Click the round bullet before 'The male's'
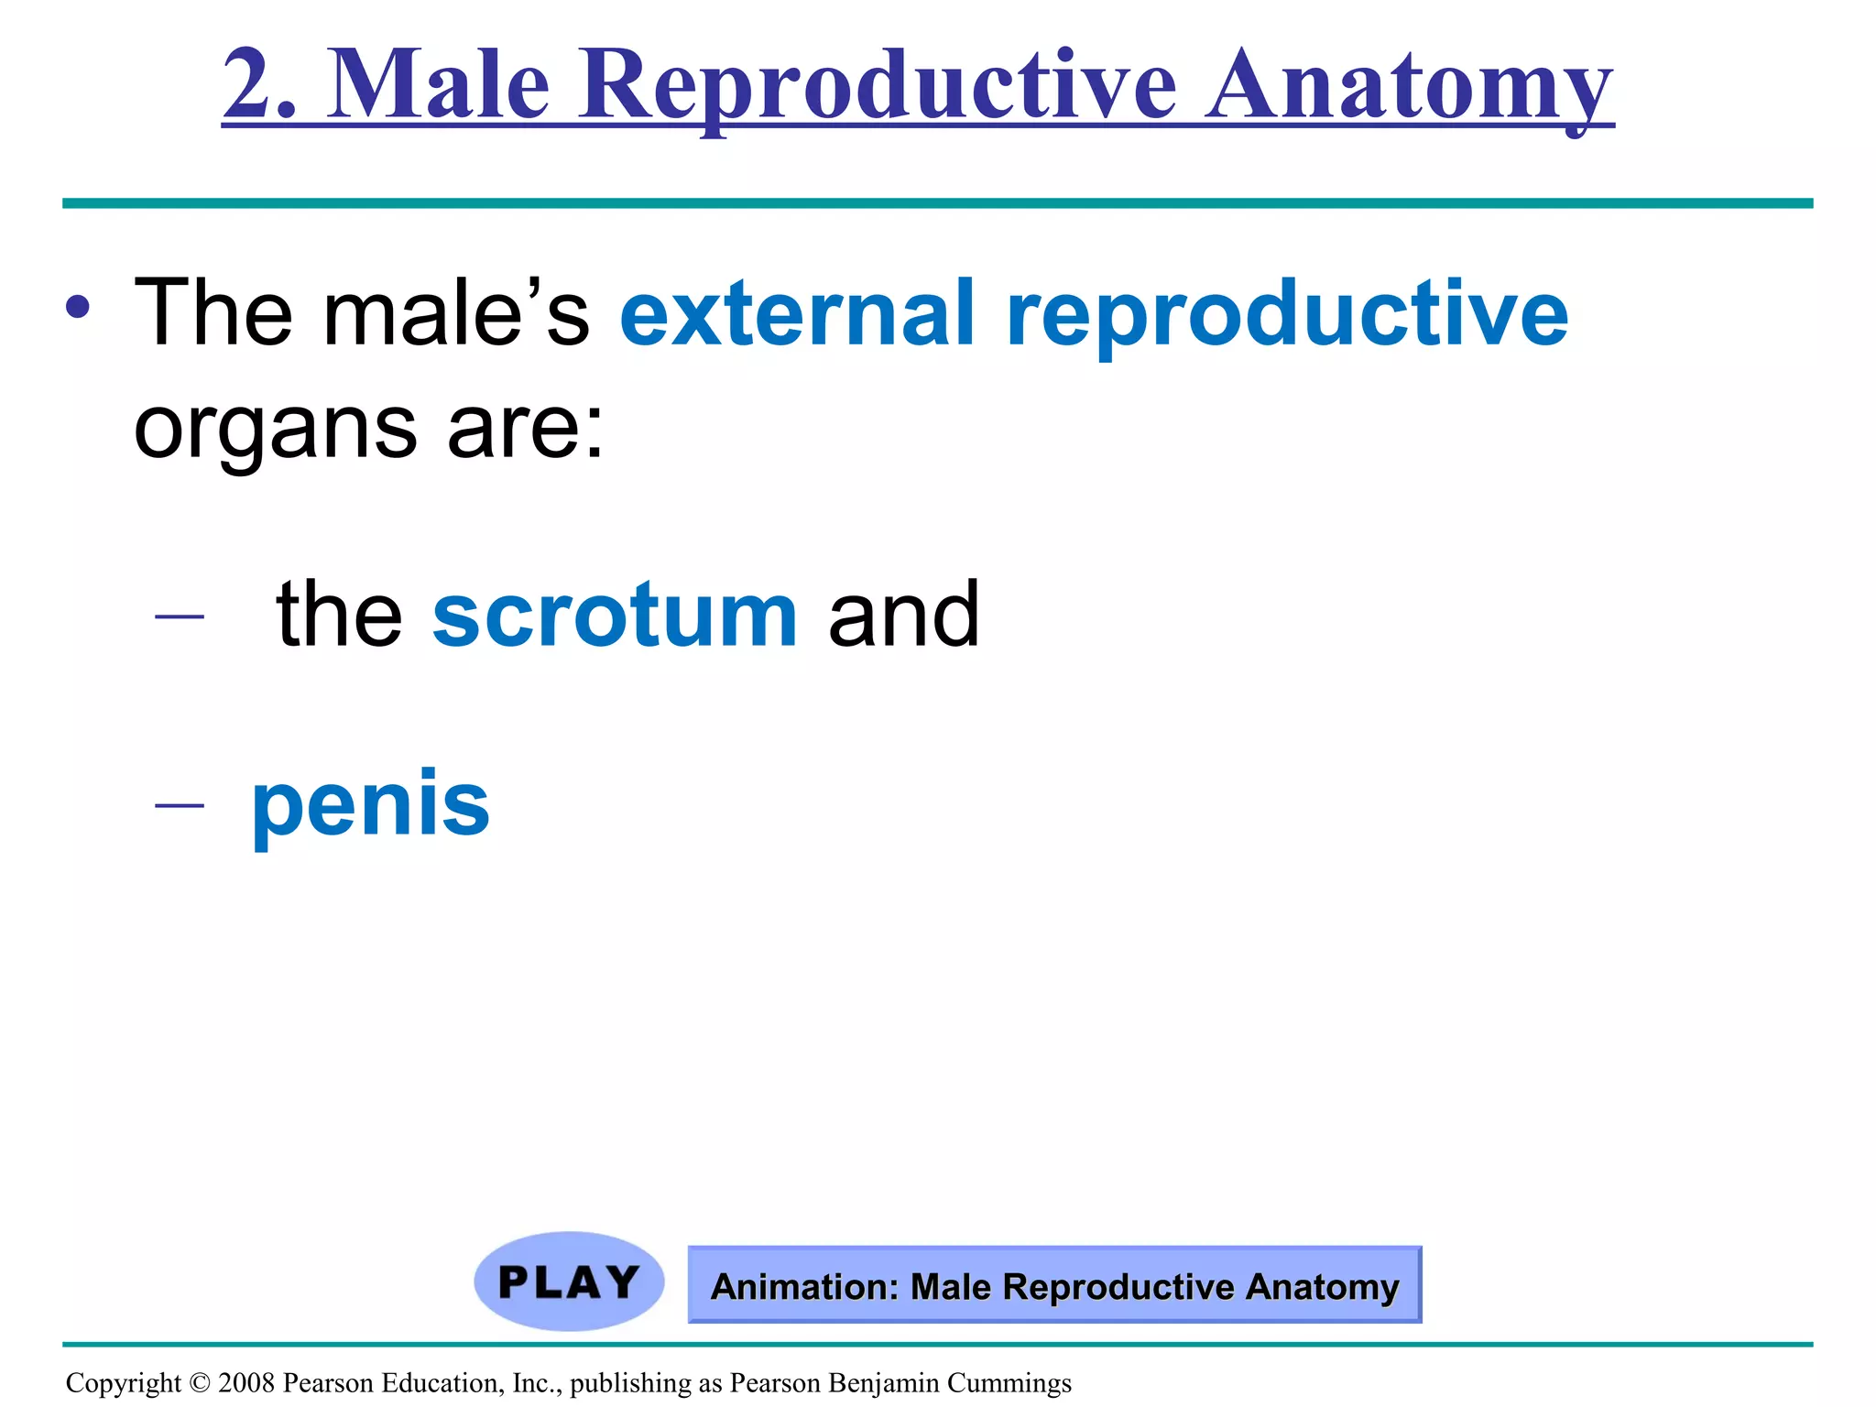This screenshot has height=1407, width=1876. [x=77, y=308]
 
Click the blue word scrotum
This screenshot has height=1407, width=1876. [x=615, y=615]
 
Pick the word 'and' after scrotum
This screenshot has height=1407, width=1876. [x=903, y=615]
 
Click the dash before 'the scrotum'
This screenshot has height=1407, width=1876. [x=180, y=616]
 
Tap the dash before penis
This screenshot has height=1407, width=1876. [x=180, y=805]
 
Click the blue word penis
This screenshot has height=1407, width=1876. [x=370, y=807]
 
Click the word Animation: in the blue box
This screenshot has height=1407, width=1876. [x=805, y=1287]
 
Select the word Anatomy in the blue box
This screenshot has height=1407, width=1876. [x=1322, y=1287]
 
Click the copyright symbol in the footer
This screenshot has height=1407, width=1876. [x=199, y=1383]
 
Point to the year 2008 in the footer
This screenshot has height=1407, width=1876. [x=246, y=1383]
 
